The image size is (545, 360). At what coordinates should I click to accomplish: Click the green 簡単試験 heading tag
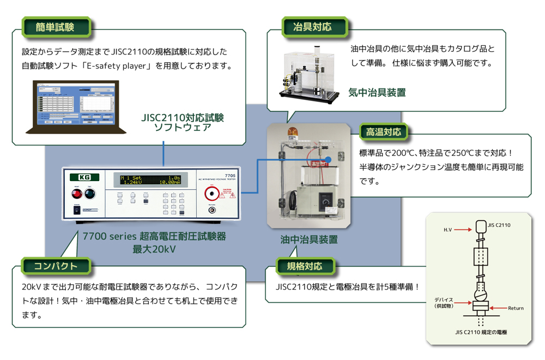coord(55,26)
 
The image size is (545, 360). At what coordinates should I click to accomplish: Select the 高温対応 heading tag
coord(383,131)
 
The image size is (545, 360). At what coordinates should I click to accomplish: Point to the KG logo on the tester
coord(84,177)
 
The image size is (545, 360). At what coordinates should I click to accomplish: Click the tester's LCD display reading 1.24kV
coord(150,180)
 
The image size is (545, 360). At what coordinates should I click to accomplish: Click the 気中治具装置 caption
coord(377,92)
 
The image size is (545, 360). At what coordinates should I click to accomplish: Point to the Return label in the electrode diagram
coord(516,308)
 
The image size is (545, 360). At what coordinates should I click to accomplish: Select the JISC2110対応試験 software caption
coord(183,118)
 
